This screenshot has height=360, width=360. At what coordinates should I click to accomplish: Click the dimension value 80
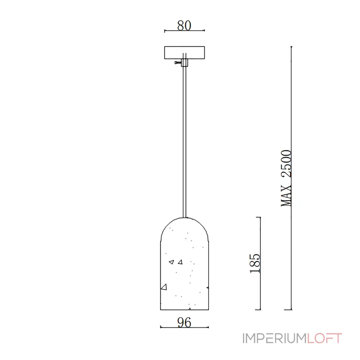pos(184,26)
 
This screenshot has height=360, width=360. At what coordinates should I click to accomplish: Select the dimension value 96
pos(184,322)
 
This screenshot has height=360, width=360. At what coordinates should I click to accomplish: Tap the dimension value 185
pos(255,263)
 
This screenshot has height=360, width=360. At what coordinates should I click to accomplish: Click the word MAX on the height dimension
pos(287,196)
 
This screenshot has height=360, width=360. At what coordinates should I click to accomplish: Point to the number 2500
pos(287,166)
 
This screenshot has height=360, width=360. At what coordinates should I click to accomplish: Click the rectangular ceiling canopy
pos(184,53)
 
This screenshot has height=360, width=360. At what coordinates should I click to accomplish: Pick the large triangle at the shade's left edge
pos(164,287)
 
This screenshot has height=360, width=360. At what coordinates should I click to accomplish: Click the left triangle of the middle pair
pos(171,261)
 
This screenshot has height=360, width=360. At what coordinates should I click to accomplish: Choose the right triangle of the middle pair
pos(180,261)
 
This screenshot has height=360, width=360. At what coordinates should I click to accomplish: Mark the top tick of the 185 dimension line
pos(258,217)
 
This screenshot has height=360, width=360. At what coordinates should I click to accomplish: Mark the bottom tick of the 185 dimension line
pos(258,310)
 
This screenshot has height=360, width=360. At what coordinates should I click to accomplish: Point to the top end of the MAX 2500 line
pos(291,46)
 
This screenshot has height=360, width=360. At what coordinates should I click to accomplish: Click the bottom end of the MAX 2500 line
pos(291,310)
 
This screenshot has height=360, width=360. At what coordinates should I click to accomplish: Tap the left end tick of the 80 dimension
pos(165,31)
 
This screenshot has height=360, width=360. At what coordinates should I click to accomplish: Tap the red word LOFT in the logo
pos(324,338)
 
